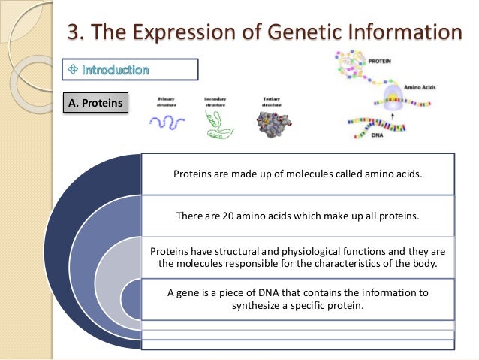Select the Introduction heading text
pos(116,70)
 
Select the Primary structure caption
pos(167,102)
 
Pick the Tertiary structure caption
pos(268,102)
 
